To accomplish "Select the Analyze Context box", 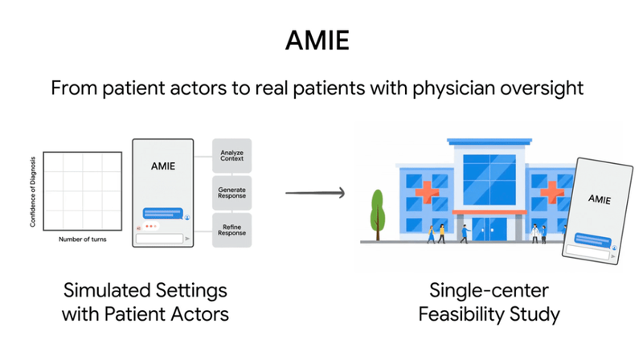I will tap(232, 155).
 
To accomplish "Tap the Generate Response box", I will tap(232, 194).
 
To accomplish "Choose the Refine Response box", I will tap(232, 232).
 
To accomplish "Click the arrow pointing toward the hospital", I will tap(316, 193).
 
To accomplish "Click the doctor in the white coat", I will tap(539, 232).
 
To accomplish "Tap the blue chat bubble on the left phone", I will tap(163, 213).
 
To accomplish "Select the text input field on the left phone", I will tap(158, 239).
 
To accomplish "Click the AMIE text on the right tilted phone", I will tap(599, 198).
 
